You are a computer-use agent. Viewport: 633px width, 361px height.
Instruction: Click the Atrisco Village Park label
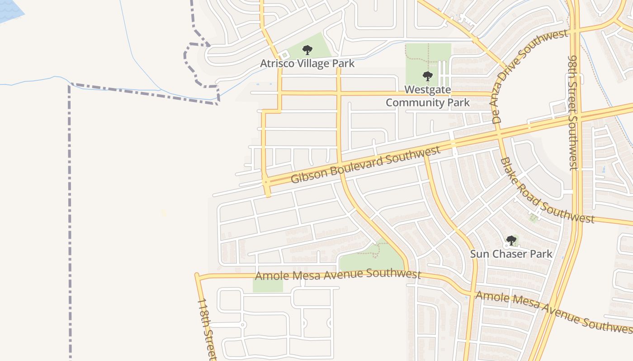pos(307,64)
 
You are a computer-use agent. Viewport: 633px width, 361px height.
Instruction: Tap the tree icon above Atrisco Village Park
pos(307,50)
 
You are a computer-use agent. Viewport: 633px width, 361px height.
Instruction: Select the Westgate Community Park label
pos(427,96)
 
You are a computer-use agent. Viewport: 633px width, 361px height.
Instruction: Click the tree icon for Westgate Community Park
pos(427,76)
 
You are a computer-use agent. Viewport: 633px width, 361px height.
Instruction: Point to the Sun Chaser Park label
pos(511,254)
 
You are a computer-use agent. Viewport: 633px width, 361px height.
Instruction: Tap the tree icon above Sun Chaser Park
pos(511,241)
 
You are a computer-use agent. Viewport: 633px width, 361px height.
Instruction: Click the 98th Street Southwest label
pos(573,113)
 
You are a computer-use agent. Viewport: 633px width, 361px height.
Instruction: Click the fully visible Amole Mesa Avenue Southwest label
pos(338,274)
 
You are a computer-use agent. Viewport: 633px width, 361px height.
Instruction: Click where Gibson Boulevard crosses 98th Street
pos(575,116)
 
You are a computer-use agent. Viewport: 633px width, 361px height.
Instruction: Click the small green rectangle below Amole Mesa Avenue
pos(268,285)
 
